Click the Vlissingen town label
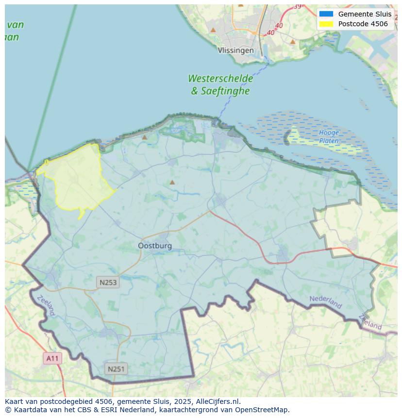235,50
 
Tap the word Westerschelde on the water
220,79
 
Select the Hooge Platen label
329,136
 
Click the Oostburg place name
155,246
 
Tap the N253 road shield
108,282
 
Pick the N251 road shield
116,369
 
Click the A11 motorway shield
52,359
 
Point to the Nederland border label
325,301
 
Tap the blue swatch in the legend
326,14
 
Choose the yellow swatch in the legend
326,24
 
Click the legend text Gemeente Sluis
365,14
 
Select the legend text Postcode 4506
363,24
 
